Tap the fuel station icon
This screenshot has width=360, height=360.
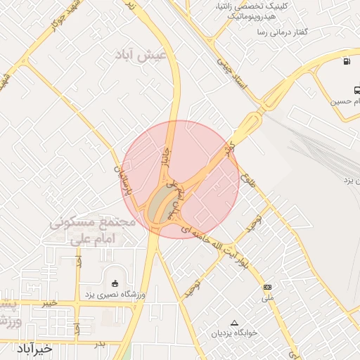coord(347,61)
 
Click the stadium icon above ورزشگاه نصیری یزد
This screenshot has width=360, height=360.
coord(115,283)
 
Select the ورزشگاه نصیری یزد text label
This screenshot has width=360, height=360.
coord(115,294)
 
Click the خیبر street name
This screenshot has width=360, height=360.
coord(48,303)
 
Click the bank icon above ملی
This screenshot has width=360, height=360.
coord(267,287)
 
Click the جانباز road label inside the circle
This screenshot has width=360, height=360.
coord(167,156)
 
